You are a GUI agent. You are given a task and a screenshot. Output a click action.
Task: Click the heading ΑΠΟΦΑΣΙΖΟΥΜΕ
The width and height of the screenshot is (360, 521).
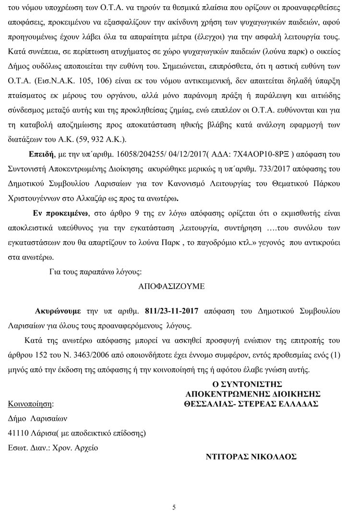pos(171,287)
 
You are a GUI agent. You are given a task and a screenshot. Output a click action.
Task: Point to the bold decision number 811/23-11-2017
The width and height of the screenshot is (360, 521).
pos(168,311)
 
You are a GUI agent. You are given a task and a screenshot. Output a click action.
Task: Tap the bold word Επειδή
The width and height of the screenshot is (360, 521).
pos(40,155)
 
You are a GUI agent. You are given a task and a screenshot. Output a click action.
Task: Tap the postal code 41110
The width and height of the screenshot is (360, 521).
pos(18,433)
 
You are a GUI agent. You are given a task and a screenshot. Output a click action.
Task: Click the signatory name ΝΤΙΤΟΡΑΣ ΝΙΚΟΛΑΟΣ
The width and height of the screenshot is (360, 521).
pos(251,457)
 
